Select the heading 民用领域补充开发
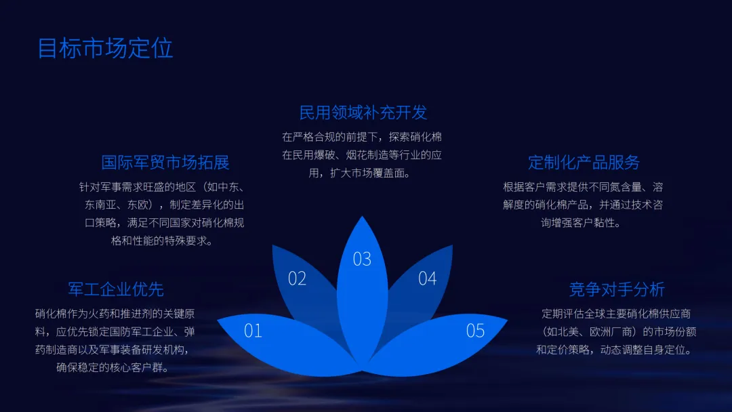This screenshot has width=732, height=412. (x=363, y=112)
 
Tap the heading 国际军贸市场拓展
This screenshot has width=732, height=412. (x=165, y=162)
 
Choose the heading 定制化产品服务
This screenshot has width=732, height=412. (x=584, y=162)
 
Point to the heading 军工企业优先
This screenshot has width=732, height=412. (x=116, y=289)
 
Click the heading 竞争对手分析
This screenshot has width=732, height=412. (x=617, y=289)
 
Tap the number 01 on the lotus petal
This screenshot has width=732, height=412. (x=253, y=331)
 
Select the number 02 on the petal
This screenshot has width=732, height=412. (x=297, y=279)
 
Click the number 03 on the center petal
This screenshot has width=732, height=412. (x=362, y=259)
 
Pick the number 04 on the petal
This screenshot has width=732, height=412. (x=427, y=279)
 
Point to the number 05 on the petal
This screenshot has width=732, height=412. (x=475, y=331)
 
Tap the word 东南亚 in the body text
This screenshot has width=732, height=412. (x=100, y=204)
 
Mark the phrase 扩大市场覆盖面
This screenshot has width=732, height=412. (x=369, y=173)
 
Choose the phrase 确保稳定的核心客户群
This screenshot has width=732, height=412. (x=113, y=368)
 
